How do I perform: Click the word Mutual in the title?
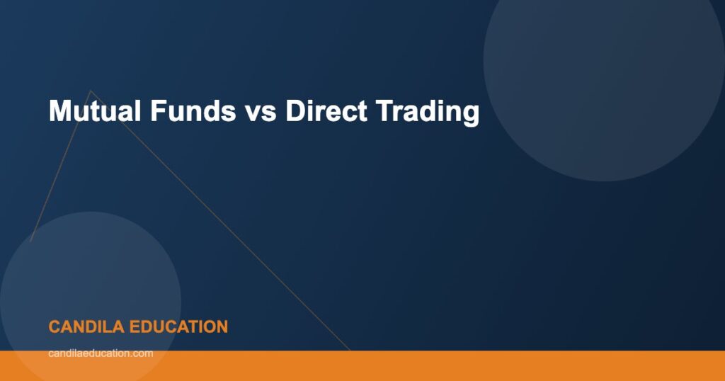[x=91, y=112]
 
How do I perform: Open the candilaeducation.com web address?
[x=101, y=353]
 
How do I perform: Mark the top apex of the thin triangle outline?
[x=89, y=91]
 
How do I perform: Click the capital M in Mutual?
[x=59, y=112]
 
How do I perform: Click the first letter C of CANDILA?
[x=54, y=327]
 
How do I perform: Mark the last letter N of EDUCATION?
[x=222, y=327]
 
